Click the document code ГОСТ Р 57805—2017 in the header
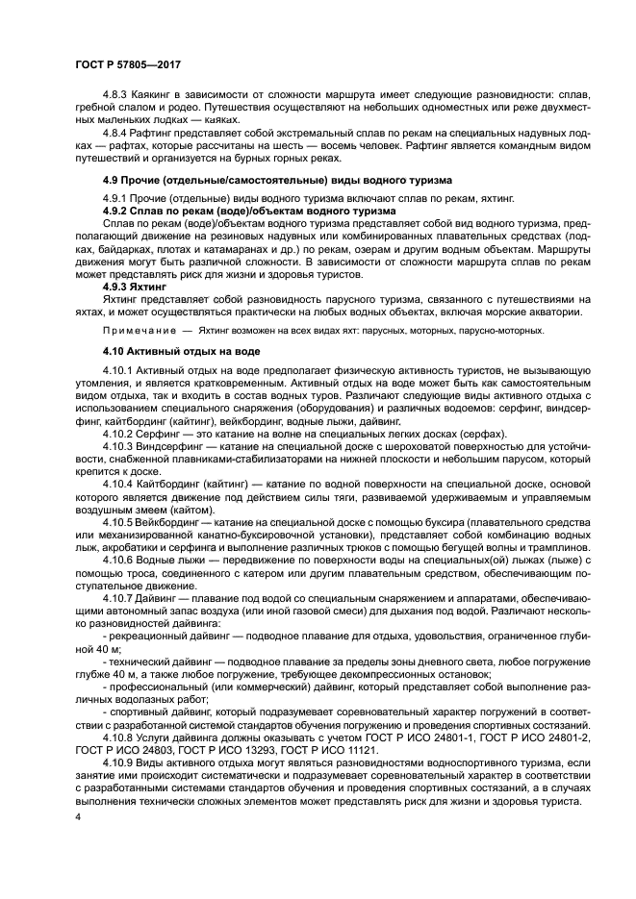click(124, 63)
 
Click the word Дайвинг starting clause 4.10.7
click(159, 596)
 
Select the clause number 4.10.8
click(120, 737)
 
